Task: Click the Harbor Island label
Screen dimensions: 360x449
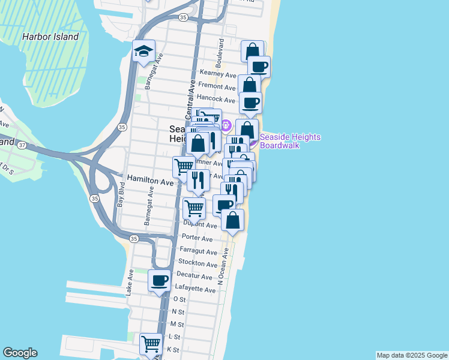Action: click(50, 37)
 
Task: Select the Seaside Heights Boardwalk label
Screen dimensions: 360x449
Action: click(290, 141)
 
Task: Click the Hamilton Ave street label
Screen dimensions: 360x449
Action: click(150, 181)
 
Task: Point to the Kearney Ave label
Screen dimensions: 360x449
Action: click(221, 74)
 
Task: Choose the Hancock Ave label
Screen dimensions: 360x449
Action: click(215, 100)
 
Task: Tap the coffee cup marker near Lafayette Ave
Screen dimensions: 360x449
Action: click(160, 280)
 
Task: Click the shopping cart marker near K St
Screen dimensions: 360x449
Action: click(150, 344)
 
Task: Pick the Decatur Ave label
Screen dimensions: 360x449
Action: click(195, 277)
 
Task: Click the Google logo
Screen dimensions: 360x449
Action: click(20, 353)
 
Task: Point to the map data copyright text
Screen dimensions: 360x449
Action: click(412, 355)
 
